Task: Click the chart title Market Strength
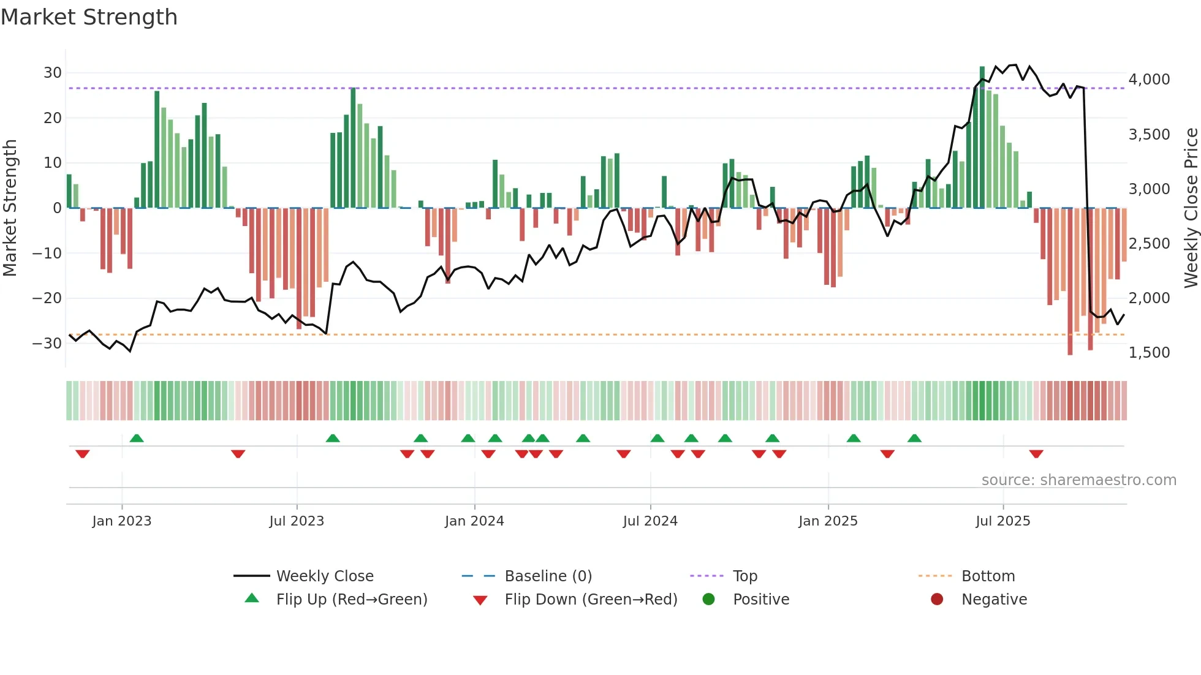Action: pyautogui.click(x=89, y=17)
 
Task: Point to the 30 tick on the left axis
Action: pyautogui.click(x=53, y=73)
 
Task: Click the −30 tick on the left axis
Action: pyautogui.click(x=48, y=343)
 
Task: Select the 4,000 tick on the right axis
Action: pyautogui.click(x=1149, y=80)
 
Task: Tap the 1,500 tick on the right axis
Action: pyautogui.click(x=1149, y=353)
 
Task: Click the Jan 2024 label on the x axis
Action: pyautogui.click(x=474, y=521)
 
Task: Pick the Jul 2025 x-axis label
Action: pyautogui.click(x=1002, y=521)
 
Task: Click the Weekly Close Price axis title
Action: pyautogui.click(x=1191, y=208)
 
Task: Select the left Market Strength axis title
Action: pyautogui.click(x=10, y=208)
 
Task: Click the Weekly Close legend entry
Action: pyautogui.click(x=325, y=576)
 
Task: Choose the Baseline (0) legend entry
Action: pyautogui.click(x=548, y=576)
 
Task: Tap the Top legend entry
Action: pyautogui.click(x=744, y=576)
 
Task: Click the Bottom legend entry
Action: pyautogui.click(x=988, y=576)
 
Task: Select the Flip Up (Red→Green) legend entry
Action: pyautogui.click(x=351, y=600)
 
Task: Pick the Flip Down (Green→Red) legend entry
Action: pyautogui.click(x=591, y=600)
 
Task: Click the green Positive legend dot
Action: pyautogui.click(x=709, y=600)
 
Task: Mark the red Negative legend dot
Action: pyautogui.click(x=937, y=600)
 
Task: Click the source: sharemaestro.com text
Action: pyautogui.click(x=1078, y=480)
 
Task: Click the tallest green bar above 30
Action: pyautogui.click(x=982, y=135)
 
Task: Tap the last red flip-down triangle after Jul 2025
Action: pyautogui.click(x=1036, y=454)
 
